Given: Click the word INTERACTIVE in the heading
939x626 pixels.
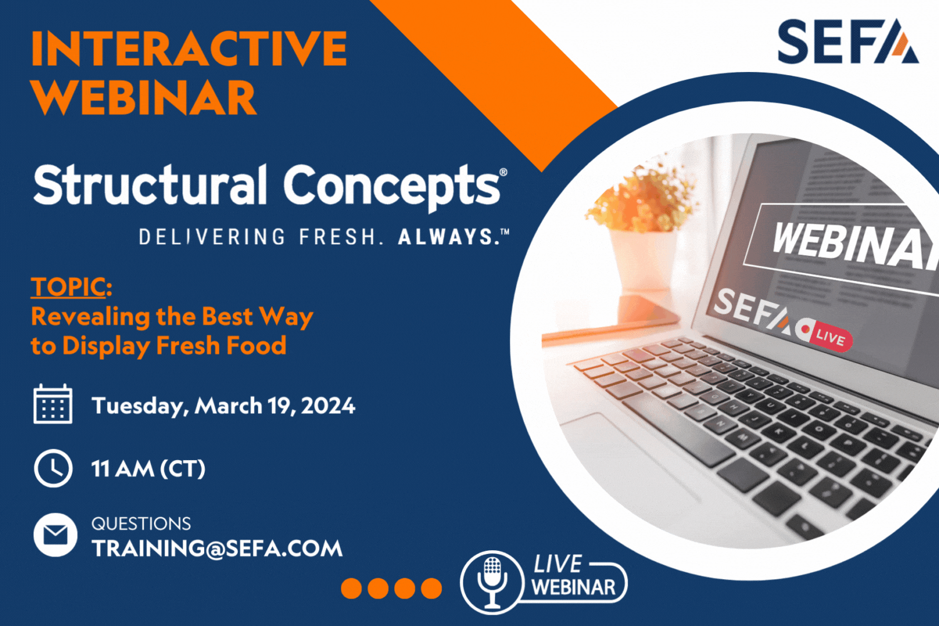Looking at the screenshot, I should (188, 49).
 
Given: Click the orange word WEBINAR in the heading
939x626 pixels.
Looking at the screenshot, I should (143, 98).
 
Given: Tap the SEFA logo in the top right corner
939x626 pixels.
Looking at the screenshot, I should (848, 42).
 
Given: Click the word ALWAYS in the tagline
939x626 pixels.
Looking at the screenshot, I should (446, 237).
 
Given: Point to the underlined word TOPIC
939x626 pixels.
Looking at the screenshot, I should (68, 287).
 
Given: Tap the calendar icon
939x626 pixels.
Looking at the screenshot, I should (53, 404).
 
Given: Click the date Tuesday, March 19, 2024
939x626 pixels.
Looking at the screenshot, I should (223, 406).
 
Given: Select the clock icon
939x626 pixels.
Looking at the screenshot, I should (53, 468).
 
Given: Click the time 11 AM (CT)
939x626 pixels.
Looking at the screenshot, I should (148, 469).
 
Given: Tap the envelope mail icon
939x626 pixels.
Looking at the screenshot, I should (55, 535).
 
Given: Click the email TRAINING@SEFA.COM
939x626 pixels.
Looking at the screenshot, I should (217, 549).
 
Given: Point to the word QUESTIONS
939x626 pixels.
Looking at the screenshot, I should (141, 523).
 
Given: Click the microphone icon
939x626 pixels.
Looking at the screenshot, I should (492, 581).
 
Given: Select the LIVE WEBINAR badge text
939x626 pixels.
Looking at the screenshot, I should (573, 577).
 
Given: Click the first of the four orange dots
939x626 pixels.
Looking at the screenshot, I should (351, 588).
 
